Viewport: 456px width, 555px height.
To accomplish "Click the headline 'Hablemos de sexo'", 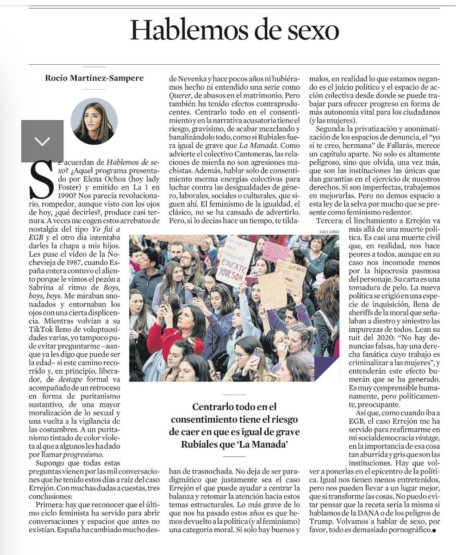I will (x=234, y=31).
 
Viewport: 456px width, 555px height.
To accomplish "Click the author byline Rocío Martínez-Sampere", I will (x=94, y=78).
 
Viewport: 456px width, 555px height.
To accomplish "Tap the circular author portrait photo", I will (x=94, y=121).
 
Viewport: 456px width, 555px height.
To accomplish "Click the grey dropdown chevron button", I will (x=42, y=141).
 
